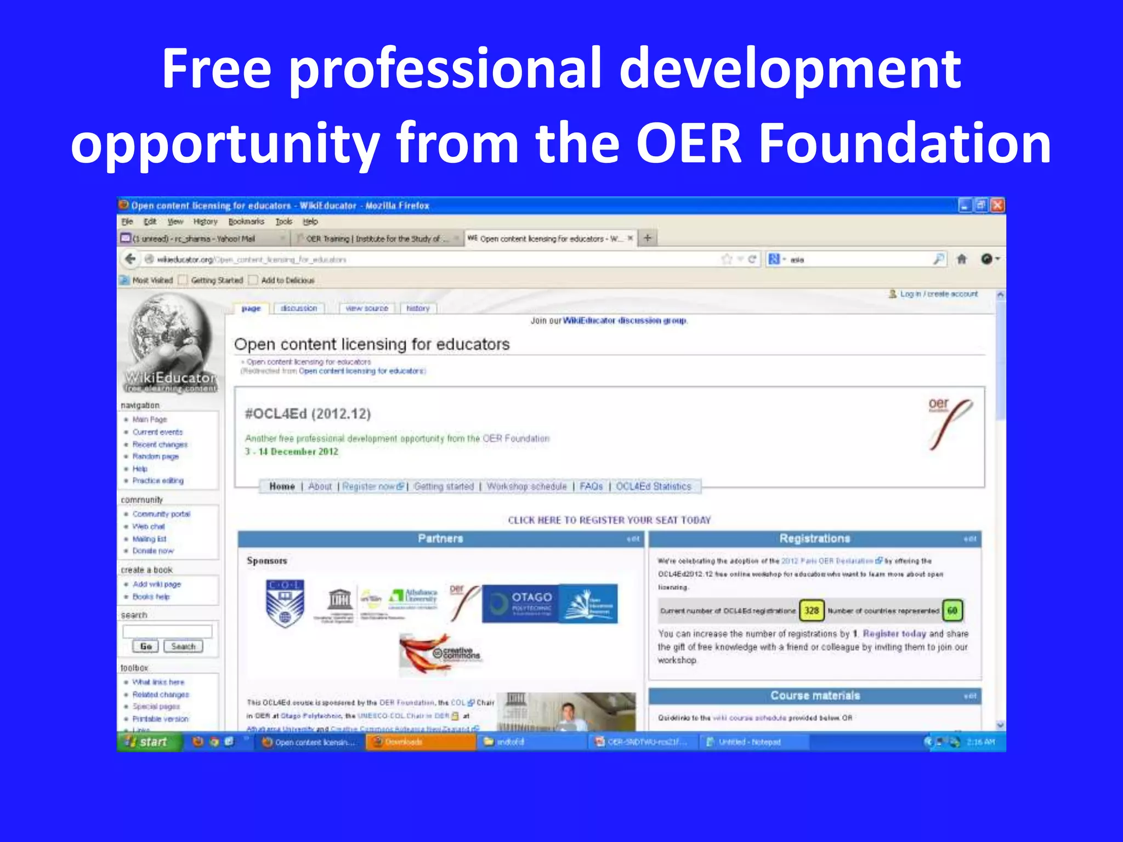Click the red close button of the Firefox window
(997, 206)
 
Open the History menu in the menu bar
(205, 221)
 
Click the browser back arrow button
(130, 259)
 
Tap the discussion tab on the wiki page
(299, 309)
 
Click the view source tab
(367, 309)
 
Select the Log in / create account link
(938, 294)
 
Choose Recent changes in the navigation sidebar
(160, 445)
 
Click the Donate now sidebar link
(153, 551)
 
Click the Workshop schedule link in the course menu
(526, 486)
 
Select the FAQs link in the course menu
(591, 486)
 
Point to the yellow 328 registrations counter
(811, 611)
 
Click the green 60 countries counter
(952, 611)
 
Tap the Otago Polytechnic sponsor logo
(520, 603)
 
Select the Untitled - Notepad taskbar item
(749, 742)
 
